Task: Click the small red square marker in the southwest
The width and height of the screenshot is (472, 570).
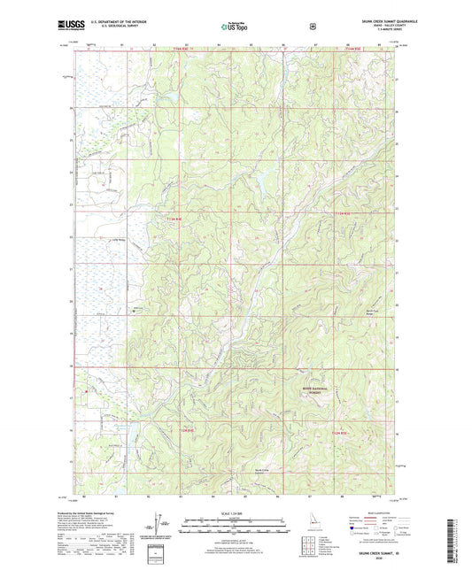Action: (x=86, y=389)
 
